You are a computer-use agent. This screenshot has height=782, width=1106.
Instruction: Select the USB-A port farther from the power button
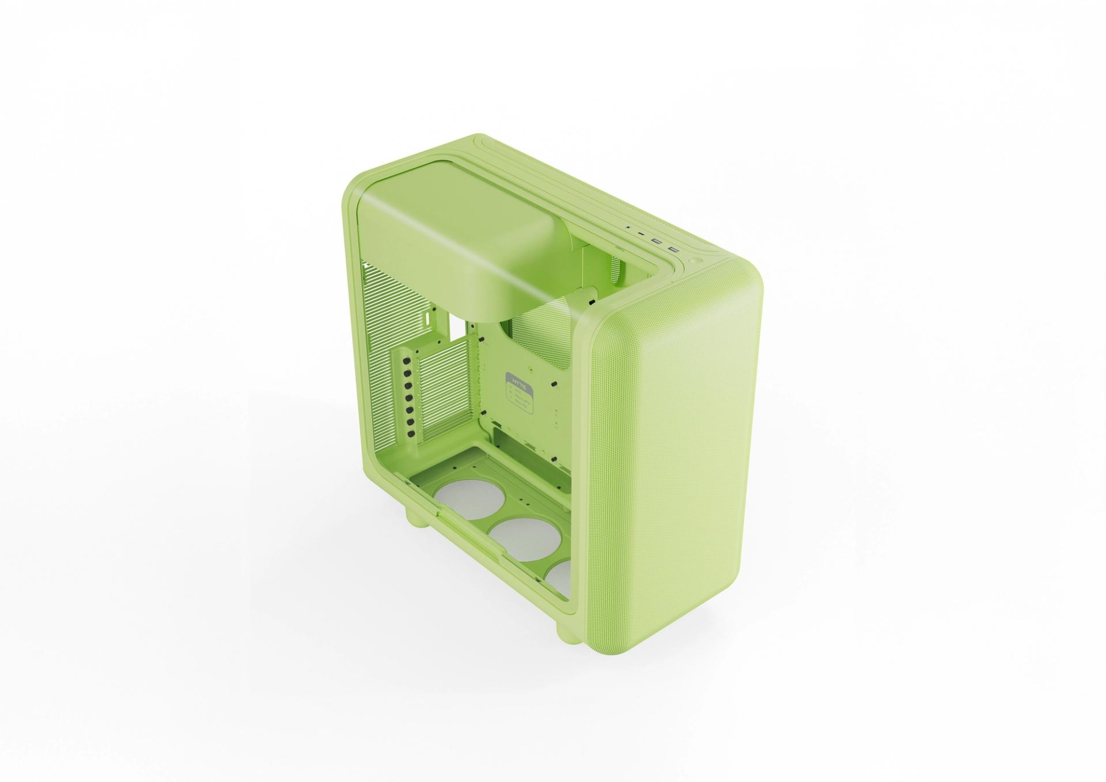pos(656,241)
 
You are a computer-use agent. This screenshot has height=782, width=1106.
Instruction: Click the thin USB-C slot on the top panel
pos(641,235)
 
